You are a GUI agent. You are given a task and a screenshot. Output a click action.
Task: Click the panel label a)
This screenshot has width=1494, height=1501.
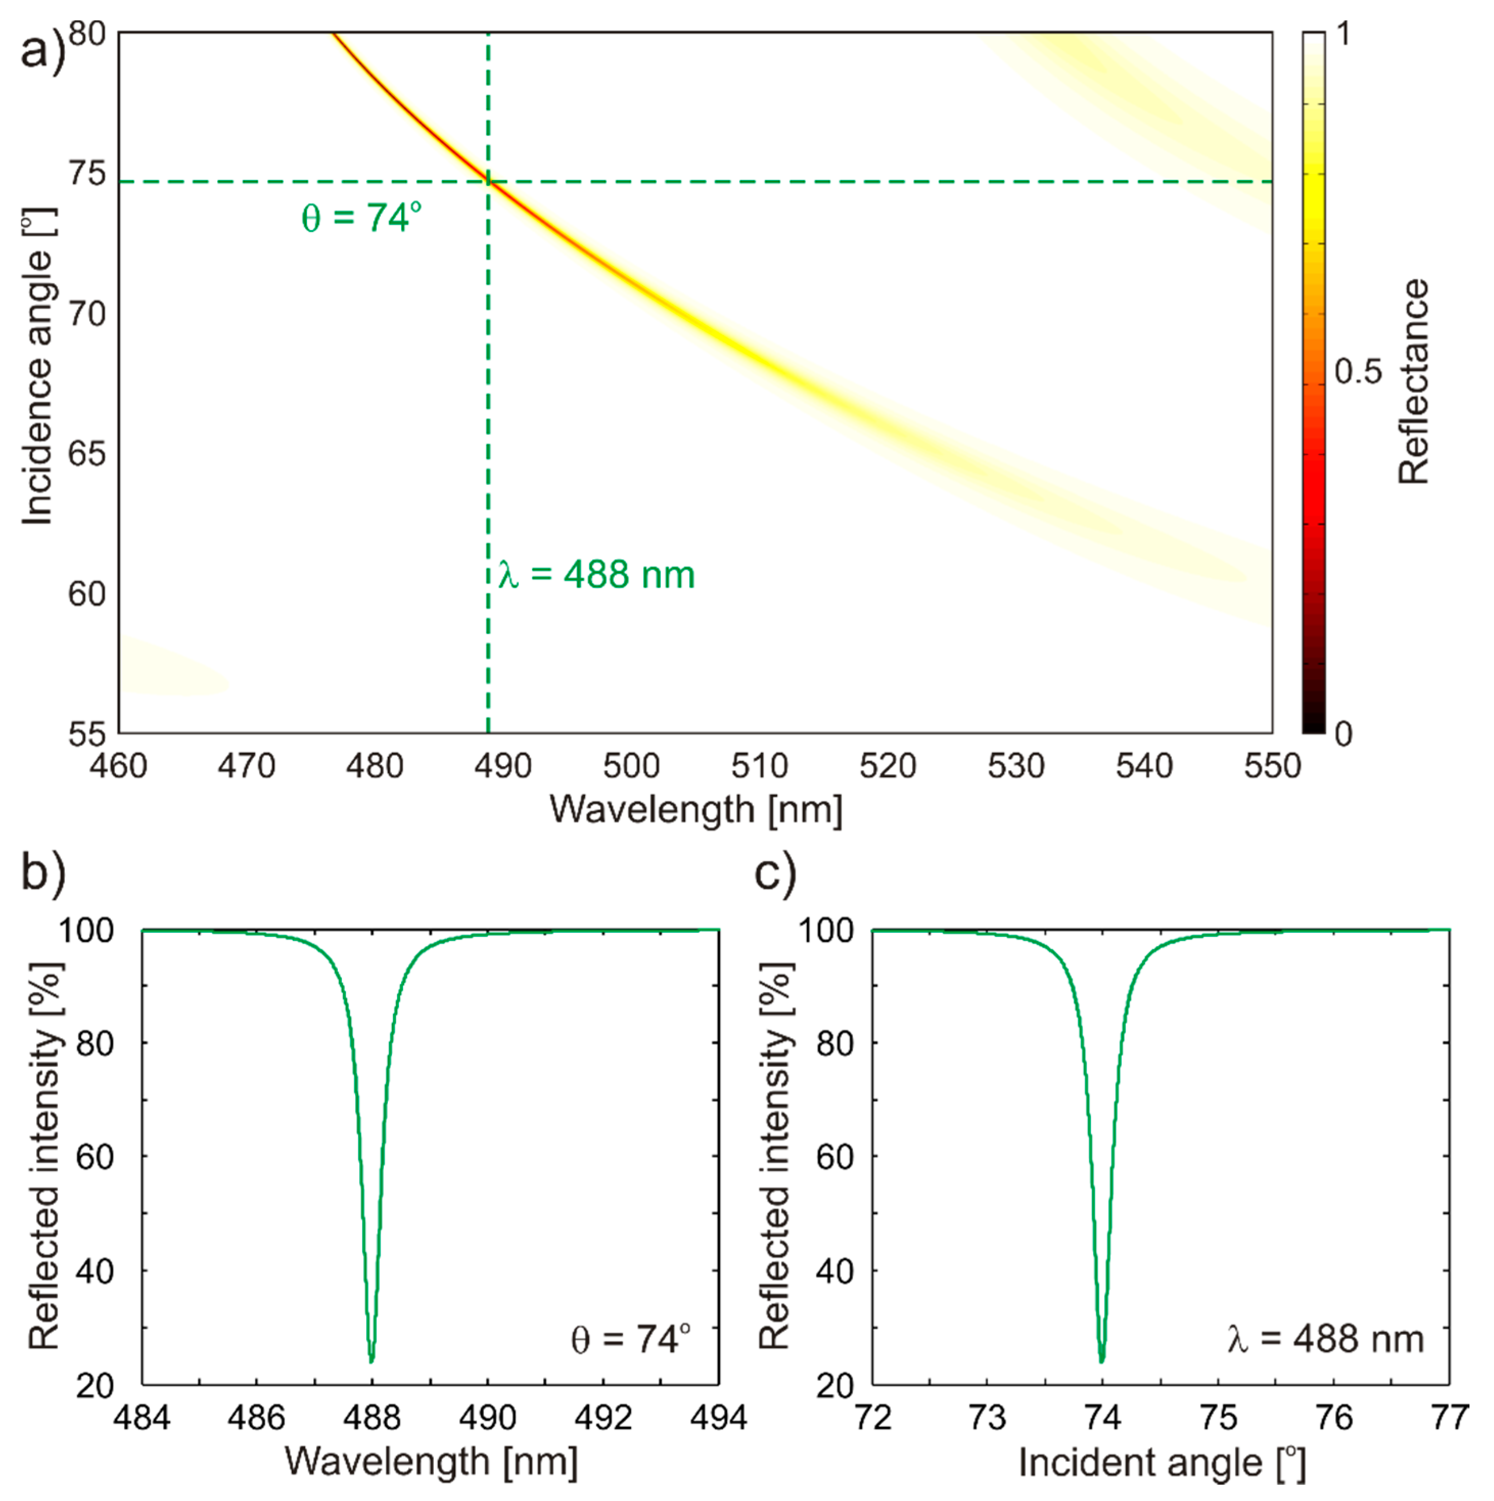click(43, 53)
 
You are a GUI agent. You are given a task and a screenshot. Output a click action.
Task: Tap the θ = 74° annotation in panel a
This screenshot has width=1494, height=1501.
click(362, 218)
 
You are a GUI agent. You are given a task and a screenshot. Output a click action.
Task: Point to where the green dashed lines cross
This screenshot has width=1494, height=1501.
click(488, 182)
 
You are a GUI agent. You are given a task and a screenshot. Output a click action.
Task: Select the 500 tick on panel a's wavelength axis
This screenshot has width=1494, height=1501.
click(631, 767)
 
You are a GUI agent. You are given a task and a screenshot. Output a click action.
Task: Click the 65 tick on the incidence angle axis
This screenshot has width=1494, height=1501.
click(86, 454)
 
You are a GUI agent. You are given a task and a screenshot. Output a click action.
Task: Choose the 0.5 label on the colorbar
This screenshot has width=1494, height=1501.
click(1358, 372)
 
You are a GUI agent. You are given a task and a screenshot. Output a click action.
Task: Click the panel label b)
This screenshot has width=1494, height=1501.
click(43, 872)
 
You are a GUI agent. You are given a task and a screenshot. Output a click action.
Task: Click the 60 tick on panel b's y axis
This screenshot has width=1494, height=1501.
click(95, 1157)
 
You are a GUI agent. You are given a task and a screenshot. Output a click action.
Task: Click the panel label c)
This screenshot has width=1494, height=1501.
click(775, 872)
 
